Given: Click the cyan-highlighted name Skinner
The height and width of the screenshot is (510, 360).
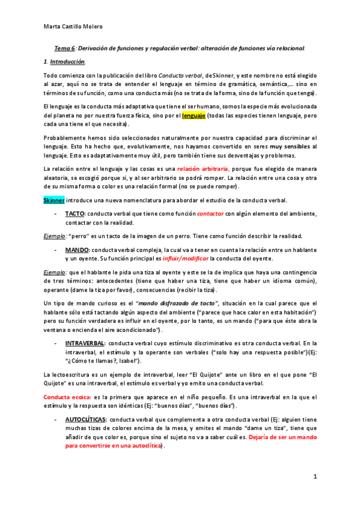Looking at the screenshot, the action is coord(53,200).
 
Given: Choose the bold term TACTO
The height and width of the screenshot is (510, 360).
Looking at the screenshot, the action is coord(75,214).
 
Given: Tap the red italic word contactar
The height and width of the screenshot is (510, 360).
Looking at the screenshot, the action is coord(210,214).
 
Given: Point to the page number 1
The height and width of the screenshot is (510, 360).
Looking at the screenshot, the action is coord(315,476).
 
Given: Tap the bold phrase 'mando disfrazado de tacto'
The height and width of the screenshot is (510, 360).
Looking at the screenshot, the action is coord(166,303).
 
